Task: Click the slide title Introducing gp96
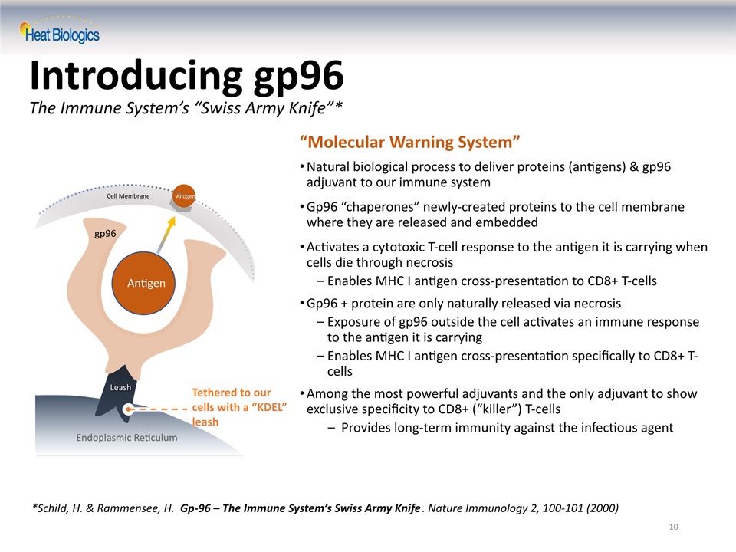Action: (187, 76)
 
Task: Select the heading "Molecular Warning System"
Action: (409, 142)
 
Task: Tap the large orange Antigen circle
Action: (143, 283)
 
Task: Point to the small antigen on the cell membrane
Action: (184, 196)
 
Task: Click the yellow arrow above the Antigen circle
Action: (166, 235)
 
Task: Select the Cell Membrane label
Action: (128, 195)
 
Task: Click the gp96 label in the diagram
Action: (105, 233)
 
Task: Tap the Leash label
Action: (120, 387)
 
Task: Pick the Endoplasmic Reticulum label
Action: (127, 438)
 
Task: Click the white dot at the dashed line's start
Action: (128, 409)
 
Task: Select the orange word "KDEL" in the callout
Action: (269, 407)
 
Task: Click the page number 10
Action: (674, 527)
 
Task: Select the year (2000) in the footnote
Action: (603, 508)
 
